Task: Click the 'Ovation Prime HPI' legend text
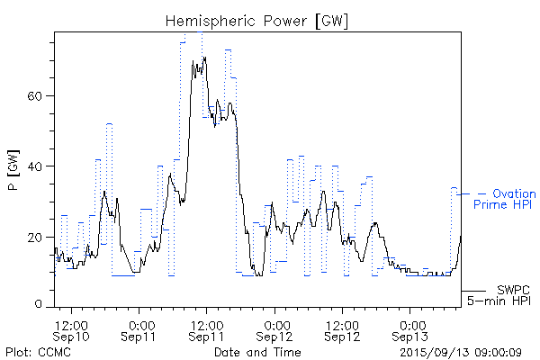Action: (505, 199)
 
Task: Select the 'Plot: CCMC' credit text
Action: (38, 351)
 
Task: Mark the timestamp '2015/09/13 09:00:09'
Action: (461, 351)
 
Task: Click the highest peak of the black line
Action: (205, 58)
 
